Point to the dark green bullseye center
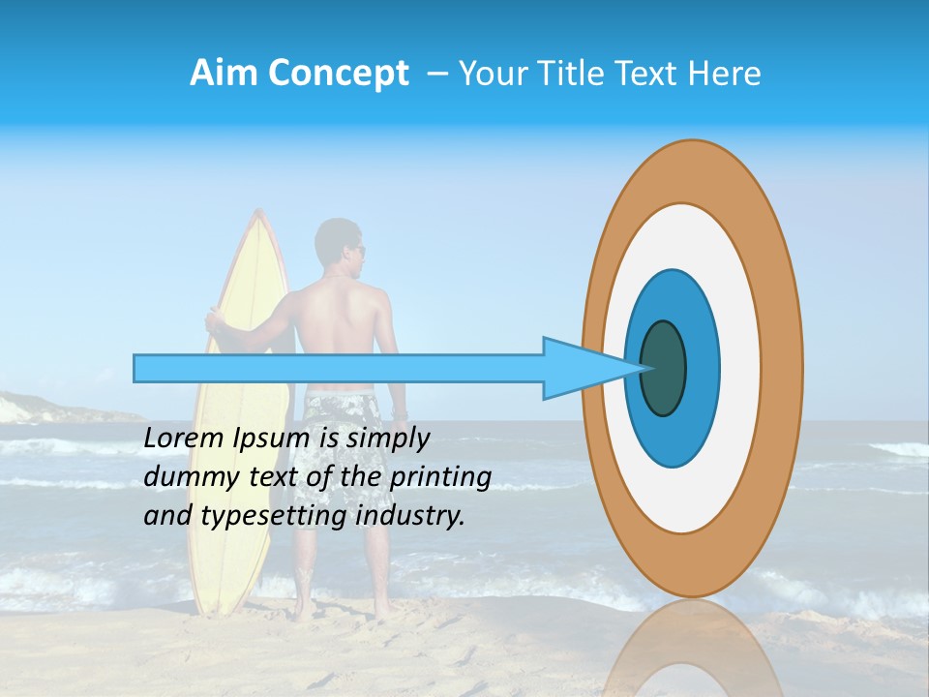pos(663,369)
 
